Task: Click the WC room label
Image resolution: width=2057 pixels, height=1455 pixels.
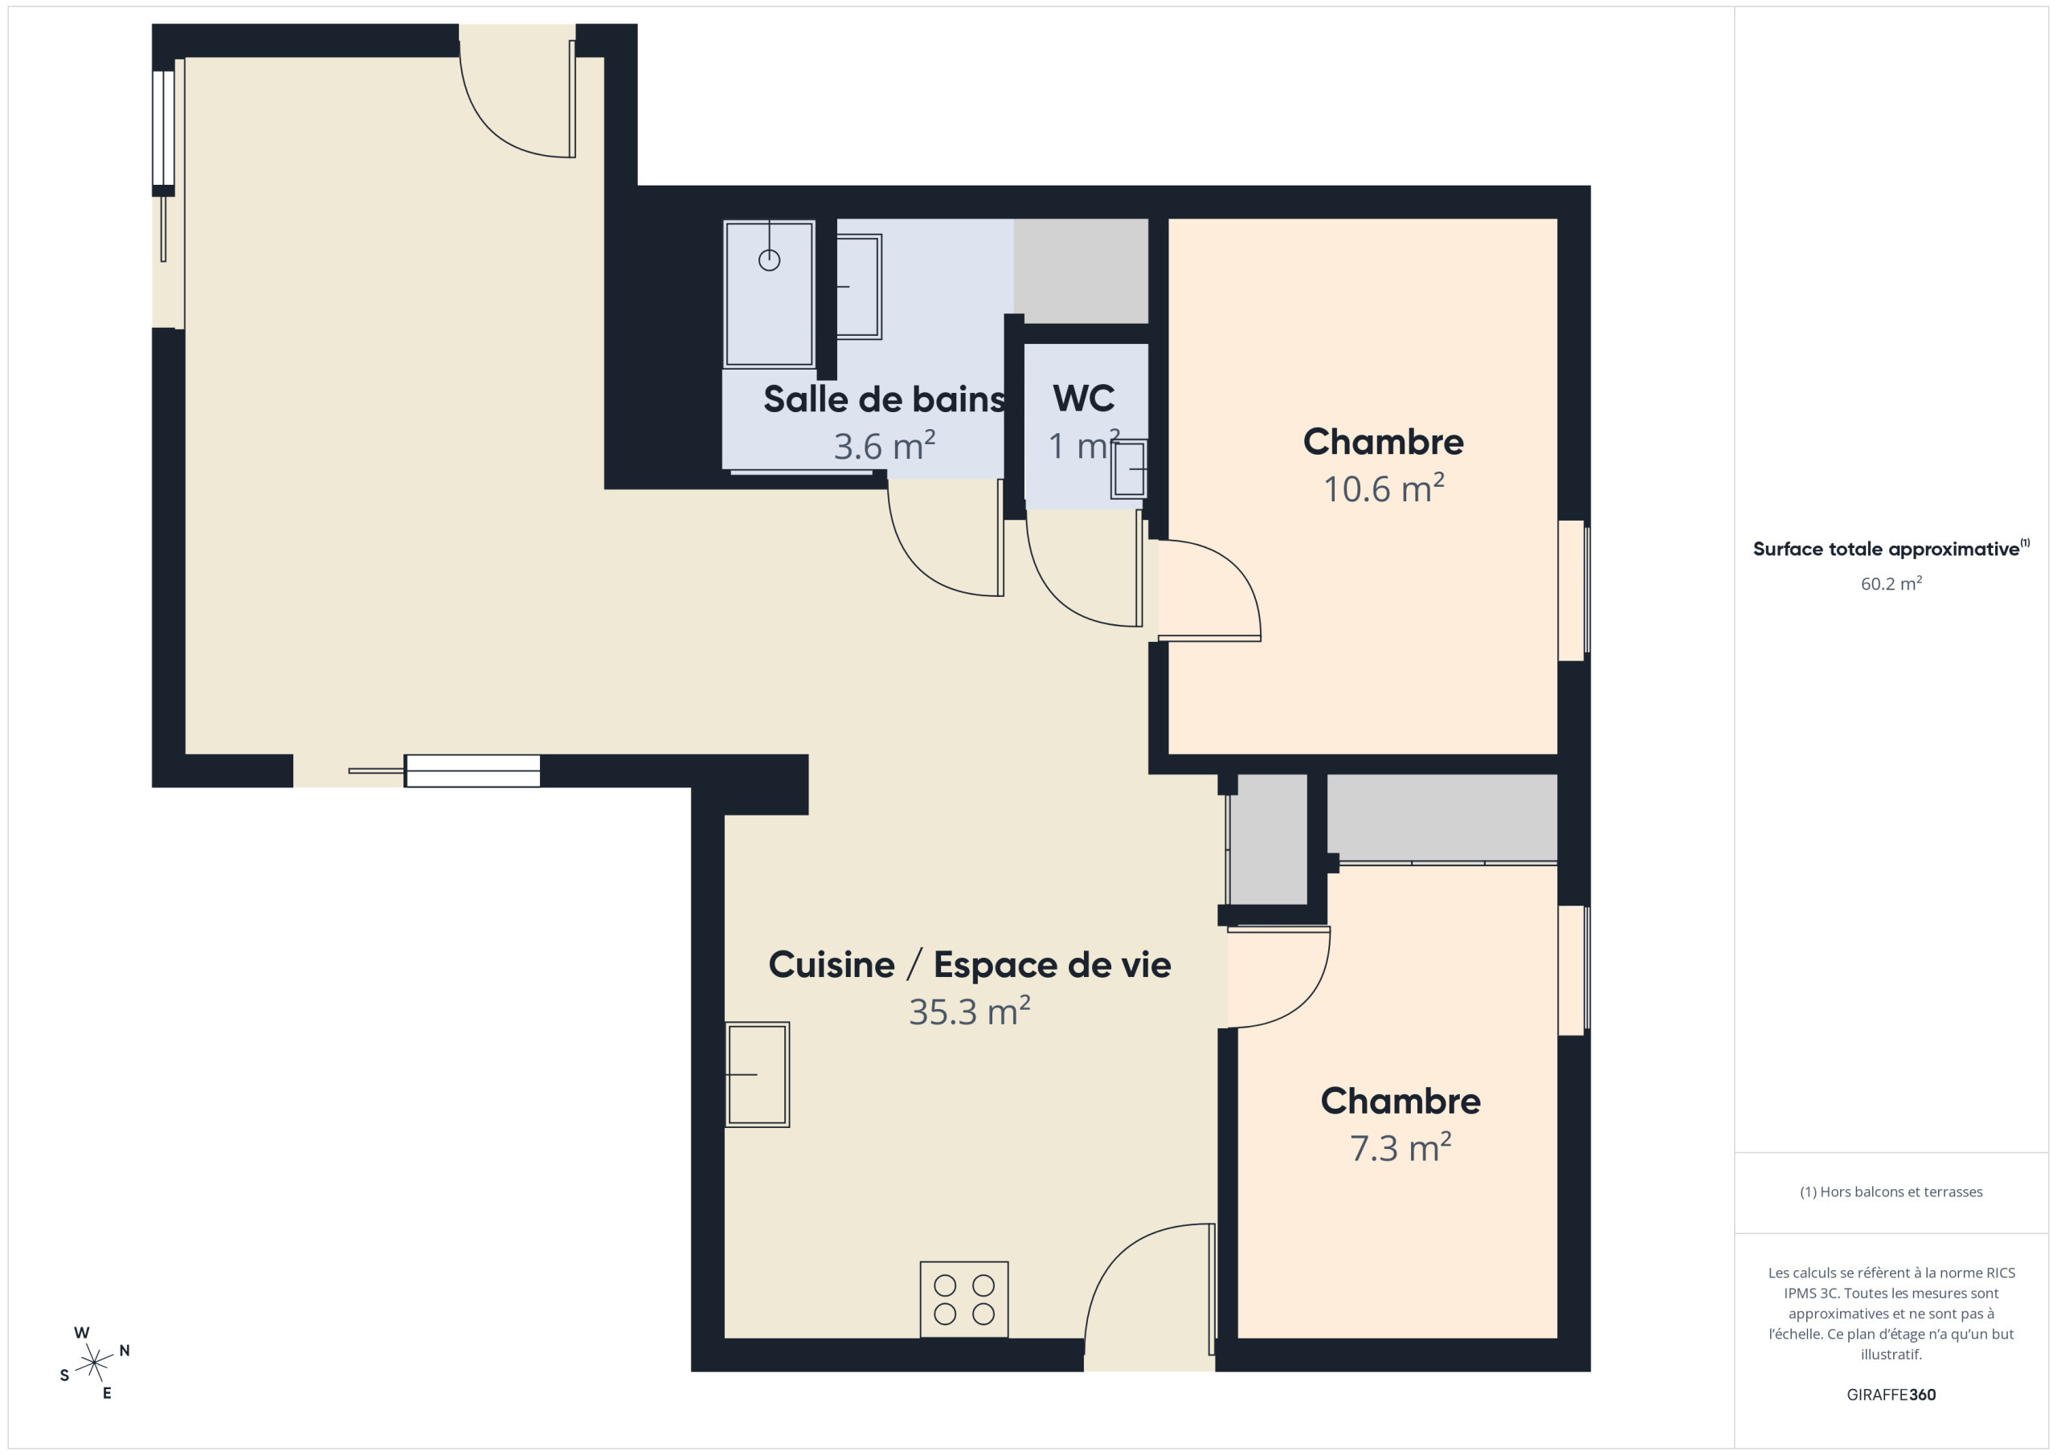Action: pos(1083,398)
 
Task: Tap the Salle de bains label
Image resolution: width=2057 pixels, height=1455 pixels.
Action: pos(884,399)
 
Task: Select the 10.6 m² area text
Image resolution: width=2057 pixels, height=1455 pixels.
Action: pos(1384,488)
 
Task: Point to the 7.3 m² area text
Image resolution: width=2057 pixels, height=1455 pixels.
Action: pos(1401,1148)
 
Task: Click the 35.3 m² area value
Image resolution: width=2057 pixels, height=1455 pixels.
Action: pos(969,1011)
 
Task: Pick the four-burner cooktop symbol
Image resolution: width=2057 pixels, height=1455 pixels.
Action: pos(964,1299)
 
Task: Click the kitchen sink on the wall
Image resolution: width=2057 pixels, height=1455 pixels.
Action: pos(757,1074)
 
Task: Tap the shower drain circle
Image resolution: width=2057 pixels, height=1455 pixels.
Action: pos(770,260)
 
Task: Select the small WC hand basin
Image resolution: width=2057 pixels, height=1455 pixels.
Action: pos(1129,468)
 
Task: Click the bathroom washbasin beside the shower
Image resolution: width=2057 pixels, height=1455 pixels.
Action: pos(859,287)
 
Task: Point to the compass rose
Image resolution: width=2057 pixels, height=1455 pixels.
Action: pos(94,1363)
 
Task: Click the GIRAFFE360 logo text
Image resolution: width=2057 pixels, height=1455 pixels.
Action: pos(1891,1394)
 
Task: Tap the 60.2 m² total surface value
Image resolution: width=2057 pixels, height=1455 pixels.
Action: pos(1891,583)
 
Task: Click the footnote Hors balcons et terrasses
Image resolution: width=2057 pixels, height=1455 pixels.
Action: pos(1891,1191)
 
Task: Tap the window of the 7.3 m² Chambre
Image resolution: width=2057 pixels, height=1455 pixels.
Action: pos(1573,971)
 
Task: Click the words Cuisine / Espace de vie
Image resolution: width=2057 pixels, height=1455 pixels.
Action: pos(969,965)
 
